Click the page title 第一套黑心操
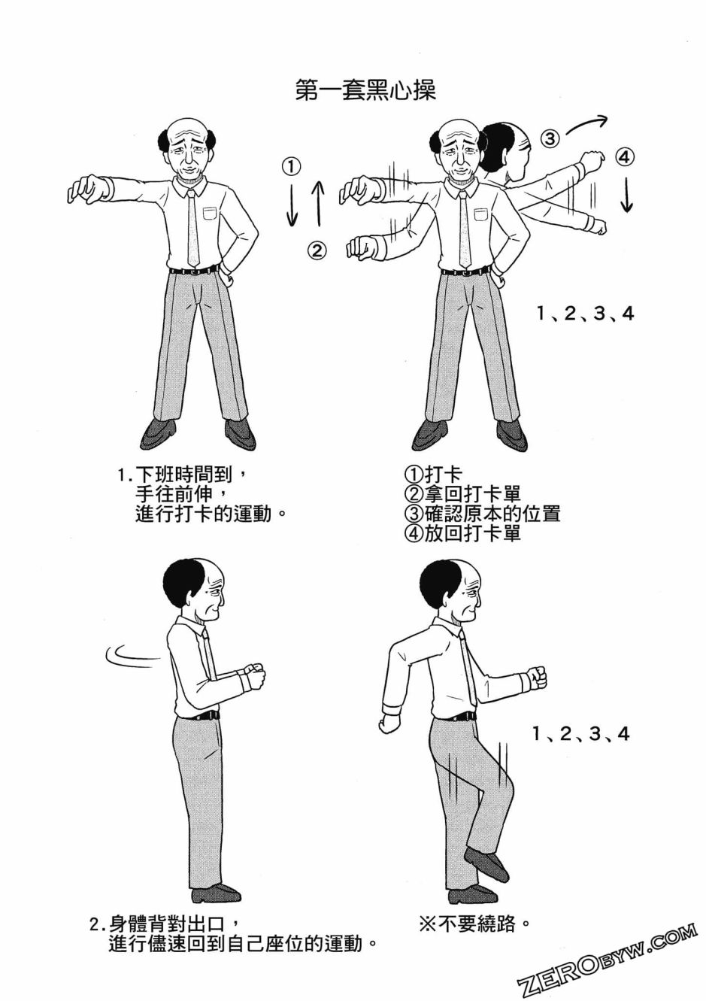(x=365, y=90)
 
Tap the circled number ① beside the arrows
(x=292, y=165)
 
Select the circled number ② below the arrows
(x=317, y=250)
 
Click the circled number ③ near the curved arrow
(x=550, y=138)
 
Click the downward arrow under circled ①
(x=292, y=207)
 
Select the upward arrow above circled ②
(x=318, y=203)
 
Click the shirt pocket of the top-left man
(x=210, y=213)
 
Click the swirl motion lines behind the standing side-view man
(x=133, y=656)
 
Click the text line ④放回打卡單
(x=462, y=533)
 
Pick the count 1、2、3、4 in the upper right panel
(x=586, y=313)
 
